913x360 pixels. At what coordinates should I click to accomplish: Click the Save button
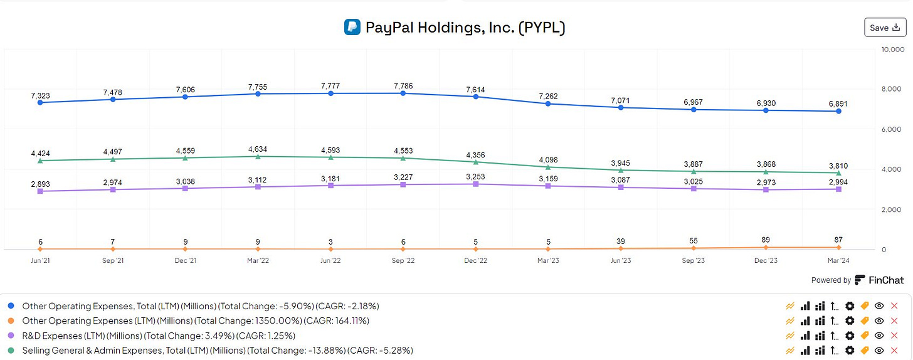885,28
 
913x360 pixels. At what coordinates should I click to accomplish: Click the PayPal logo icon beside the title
352,28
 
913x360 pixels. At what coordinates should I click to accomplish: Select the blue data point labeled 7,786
403,93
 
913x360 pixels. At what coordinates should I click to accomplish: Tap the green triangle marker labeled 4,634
258,156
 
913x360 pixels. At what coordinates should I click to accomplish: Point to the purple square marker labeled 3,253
475,184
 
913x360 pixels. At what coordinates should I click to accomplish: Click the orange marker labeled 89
766,248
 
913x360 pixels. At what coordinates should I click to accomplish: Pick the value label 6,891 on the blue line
838,103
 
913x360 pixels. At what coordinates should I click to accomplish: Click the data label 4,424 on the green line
40,152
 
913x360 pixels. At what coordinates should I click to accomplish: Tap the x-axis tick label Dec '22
475,260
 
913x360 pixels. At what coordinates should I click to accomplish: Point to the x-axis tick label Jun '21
40,260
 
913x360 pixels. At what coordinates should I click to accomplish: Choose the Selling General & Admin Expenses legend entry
217,350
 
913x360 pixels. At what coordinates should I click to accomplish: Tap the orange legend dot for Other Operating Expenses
11,320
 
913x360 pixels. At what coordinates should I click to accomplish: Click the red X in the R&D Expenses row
894,336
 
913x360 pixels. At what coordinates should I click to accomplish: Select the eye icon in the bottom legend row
879,351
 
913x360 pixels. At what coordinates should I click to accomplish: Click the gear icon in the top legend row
850,306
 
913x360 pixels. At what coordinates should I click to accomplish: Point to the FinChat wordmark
885,280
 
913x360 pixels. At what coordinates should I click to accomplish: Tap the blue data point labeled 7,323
40,102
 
